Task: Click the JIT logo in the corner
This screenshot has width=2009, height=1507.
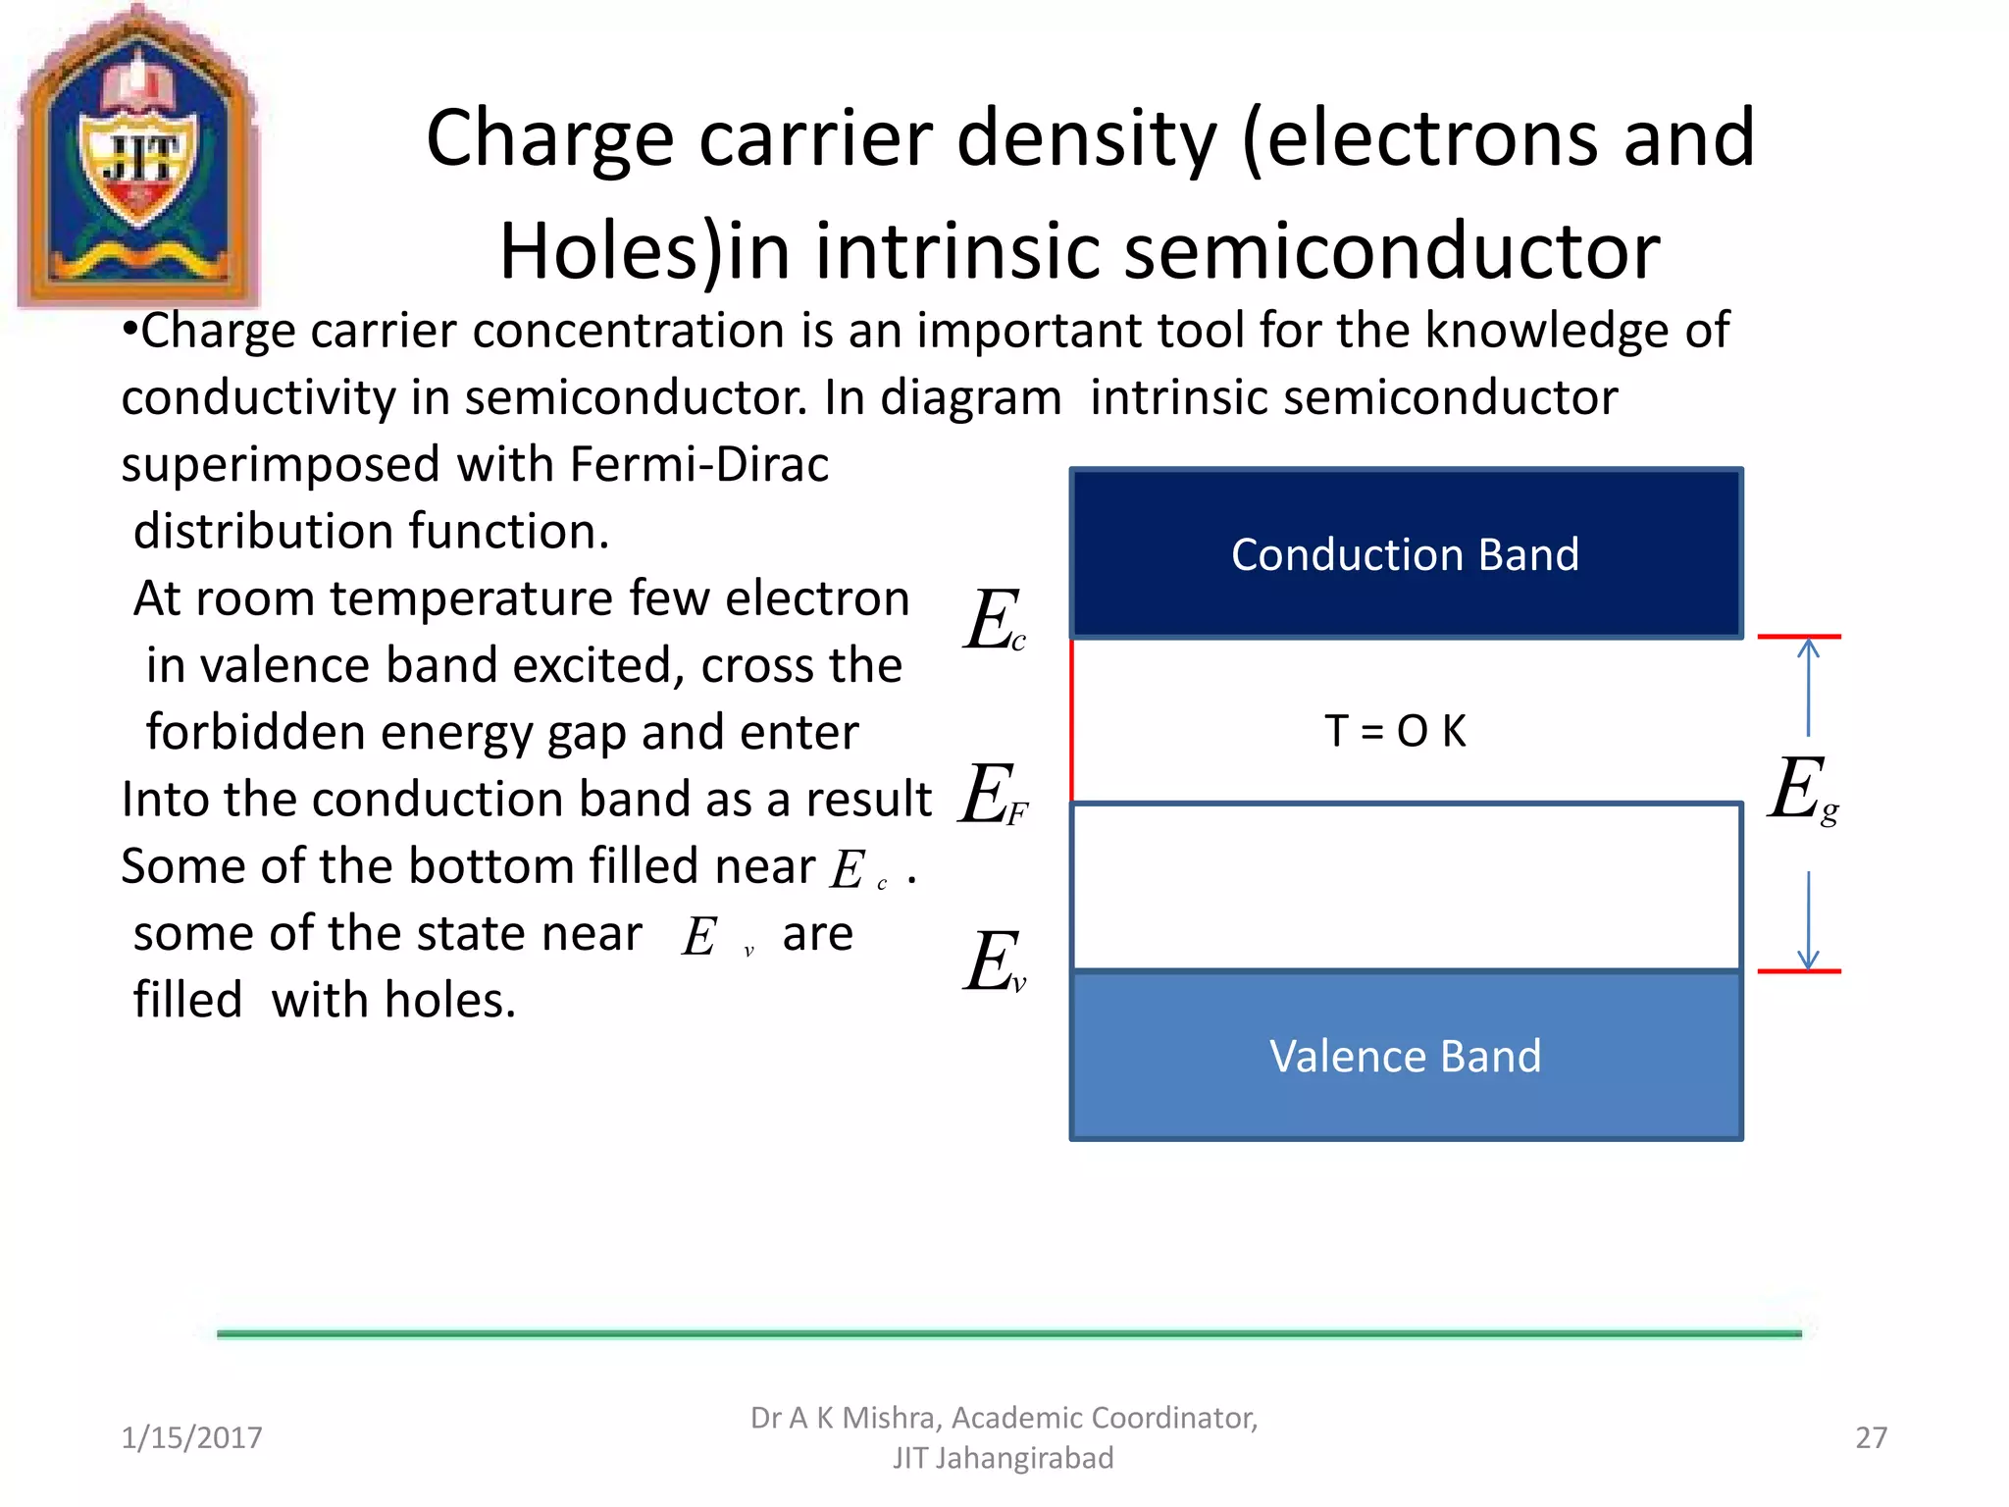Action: pyautogui.click(x=137, y=157)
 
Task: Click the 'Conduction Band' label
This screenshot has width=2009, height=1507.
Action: pyautogui.click(x=1405, y=555)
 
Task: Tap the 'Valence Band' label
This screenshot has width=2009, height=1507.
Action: pyautogui.click(x=1405, y=1057)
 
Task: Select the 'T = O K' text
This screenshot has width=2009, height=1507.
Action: pyautogui.click(x=1395, y=731)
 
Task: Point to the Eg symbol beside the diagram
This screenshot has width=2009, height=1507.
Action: pyautogui.click(x=1803, y=790)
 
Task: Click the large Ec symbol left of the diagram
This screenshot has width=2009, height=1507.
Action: pyautogui.click(x=994, y=620)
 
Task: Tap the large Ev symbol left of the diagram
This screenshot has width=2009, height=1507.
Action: pyautogui.click(x=994, y=962)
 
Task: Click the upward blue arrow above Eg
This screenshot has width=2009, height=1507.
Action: pyautogui.click(x=1808, y=686)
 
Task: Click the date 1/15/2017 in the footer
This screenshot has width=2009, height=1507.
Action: pyautogui.click(x=191, y=1437)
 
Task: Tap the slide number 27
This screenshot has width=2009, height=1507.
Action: pyautogui.click(x=1871, y=1437)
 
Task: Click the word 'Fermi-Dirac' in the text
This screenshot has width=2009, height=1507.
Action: pyautogui.click(x=698, y=464)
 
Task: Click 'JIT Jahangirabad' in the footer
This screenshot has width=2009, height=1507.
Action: pyautogui.click(x=1003, y=1458)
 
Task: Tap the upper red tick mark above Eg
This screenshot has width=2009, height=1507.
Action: pyautogui.click(x=1799, y=637)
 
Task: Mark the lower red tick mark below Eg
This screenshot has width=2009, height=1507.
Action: pyautogui.click(x=1799, y=971)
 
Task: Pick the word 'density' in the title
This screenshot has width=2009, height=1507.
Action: pyautogui.click(x=1086, y=139)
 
